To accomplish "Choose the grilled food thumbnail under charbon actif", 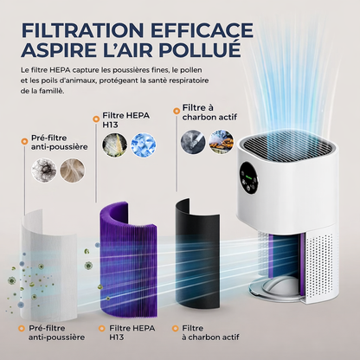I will tap(222, 141).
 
